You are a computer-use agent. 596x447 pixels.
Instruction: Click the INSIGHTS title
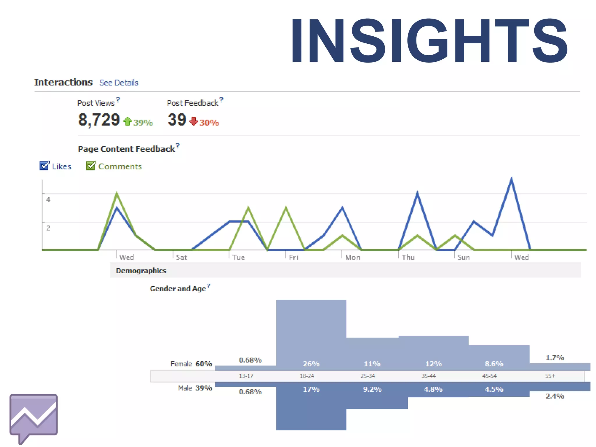tap(429, 41)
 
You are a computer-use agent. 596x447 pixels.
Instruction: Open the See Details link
tap(118, 83)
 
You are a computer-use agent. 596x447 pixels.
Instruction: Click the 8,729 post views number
tap(99, 120)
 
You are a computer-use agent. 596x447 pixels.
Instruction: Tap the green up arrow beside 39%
tap(127, 121)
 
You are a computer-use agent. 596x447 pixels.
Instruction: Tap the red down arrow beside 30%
tap(194, 121)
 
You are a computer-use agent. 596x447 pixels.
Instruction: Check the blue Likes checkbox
tap(44, 166)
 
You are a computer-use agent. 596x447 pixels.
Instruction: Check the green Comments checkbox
tap(91, 166)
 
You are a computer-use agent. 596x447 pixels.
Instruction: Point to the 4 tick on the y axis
tap(48, 200)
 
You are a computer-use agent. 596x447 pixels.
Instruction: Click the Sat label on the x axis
tap(181, 257)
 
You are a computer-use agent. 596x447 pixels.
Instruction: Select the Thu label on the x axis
tap(408, 257)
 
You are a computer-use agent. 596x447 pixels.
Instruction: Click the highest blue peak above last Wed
tap(511, 179)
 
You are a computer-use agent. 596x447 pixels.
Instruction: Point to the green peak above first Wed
tap(117, 193)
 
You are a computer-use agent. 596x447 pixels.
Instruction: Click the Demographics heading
tap(141, 271)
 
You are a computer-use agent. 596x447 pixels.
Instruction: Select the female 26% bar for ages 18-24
tap(311, 335)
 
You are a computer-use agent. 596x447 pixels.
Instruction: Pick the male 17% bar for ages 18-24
tap(311, 407)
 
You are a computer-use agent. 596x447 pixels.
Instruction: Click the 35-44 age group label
tap(428, 376)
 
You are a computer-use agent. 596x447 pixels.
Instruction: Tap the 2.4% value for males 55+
tap(555, 396)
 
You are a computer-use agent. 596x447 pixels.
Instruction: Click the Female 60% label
tap(191, 364)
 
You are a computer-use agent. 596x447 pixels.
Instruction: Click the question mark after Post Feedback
tap(221, 100)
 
